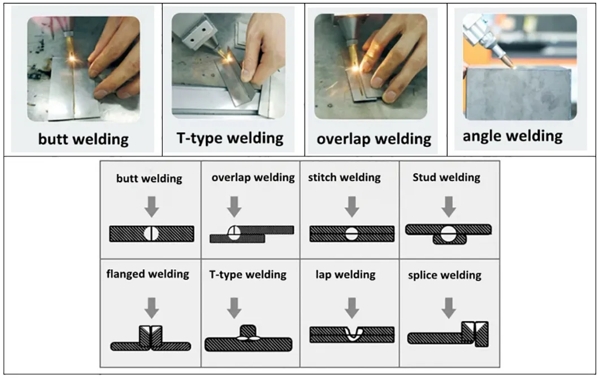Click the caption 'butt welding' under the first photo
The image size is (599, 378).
point(83,139)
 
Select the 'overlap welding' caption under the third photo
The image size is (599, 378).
point(374,139)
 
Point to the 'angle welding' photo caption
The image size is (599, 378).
point(513,136)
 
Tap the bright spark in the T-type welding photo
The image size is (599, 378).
point(229,57)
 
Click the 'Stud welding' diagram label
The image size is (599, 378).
point(446,178)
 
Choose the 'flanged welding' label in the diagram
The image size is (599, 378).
point(147,274)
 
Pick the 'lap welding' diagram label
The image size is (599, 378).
point(345,275)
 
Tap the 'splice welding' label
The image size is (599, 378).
point(444,276)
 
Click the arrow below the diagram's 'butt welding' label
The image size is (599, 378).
point(151,207)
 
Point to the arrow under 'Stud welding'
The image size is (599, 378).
point(449,207)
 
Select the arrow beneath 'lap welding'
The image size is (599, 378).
point(352,307)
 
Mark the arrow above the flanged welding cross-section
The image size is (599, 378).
point(151,307)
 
